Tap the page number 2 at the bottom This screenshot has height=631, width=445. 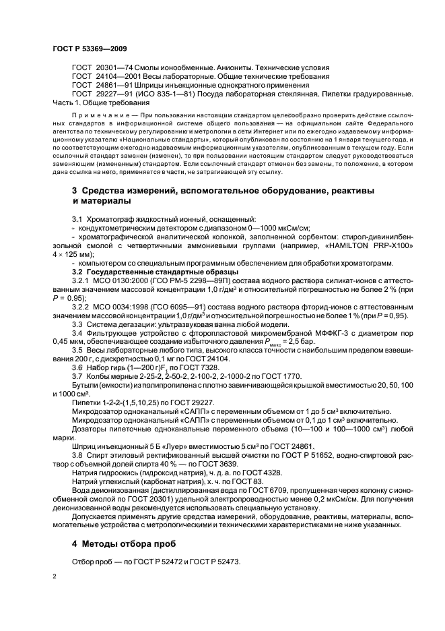tap(55, 576)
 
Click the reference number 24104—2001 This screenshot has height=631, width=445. tap(117, 77)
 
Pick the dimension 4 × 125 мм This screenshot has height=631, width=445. tap(75, 256)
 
